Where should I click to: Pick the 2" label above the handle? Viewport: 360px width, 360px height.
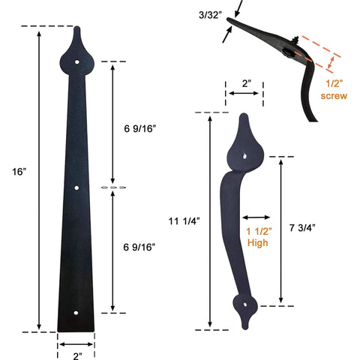tap(244, 84)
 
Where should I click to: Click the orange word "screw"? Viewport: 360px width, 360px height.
tap(334, 96)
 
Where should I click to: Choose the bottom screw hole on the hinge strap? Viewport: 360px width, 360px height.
tap(76, 313)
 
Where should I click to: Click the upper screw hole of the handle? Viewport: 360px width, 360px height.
tap(246, 155)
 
